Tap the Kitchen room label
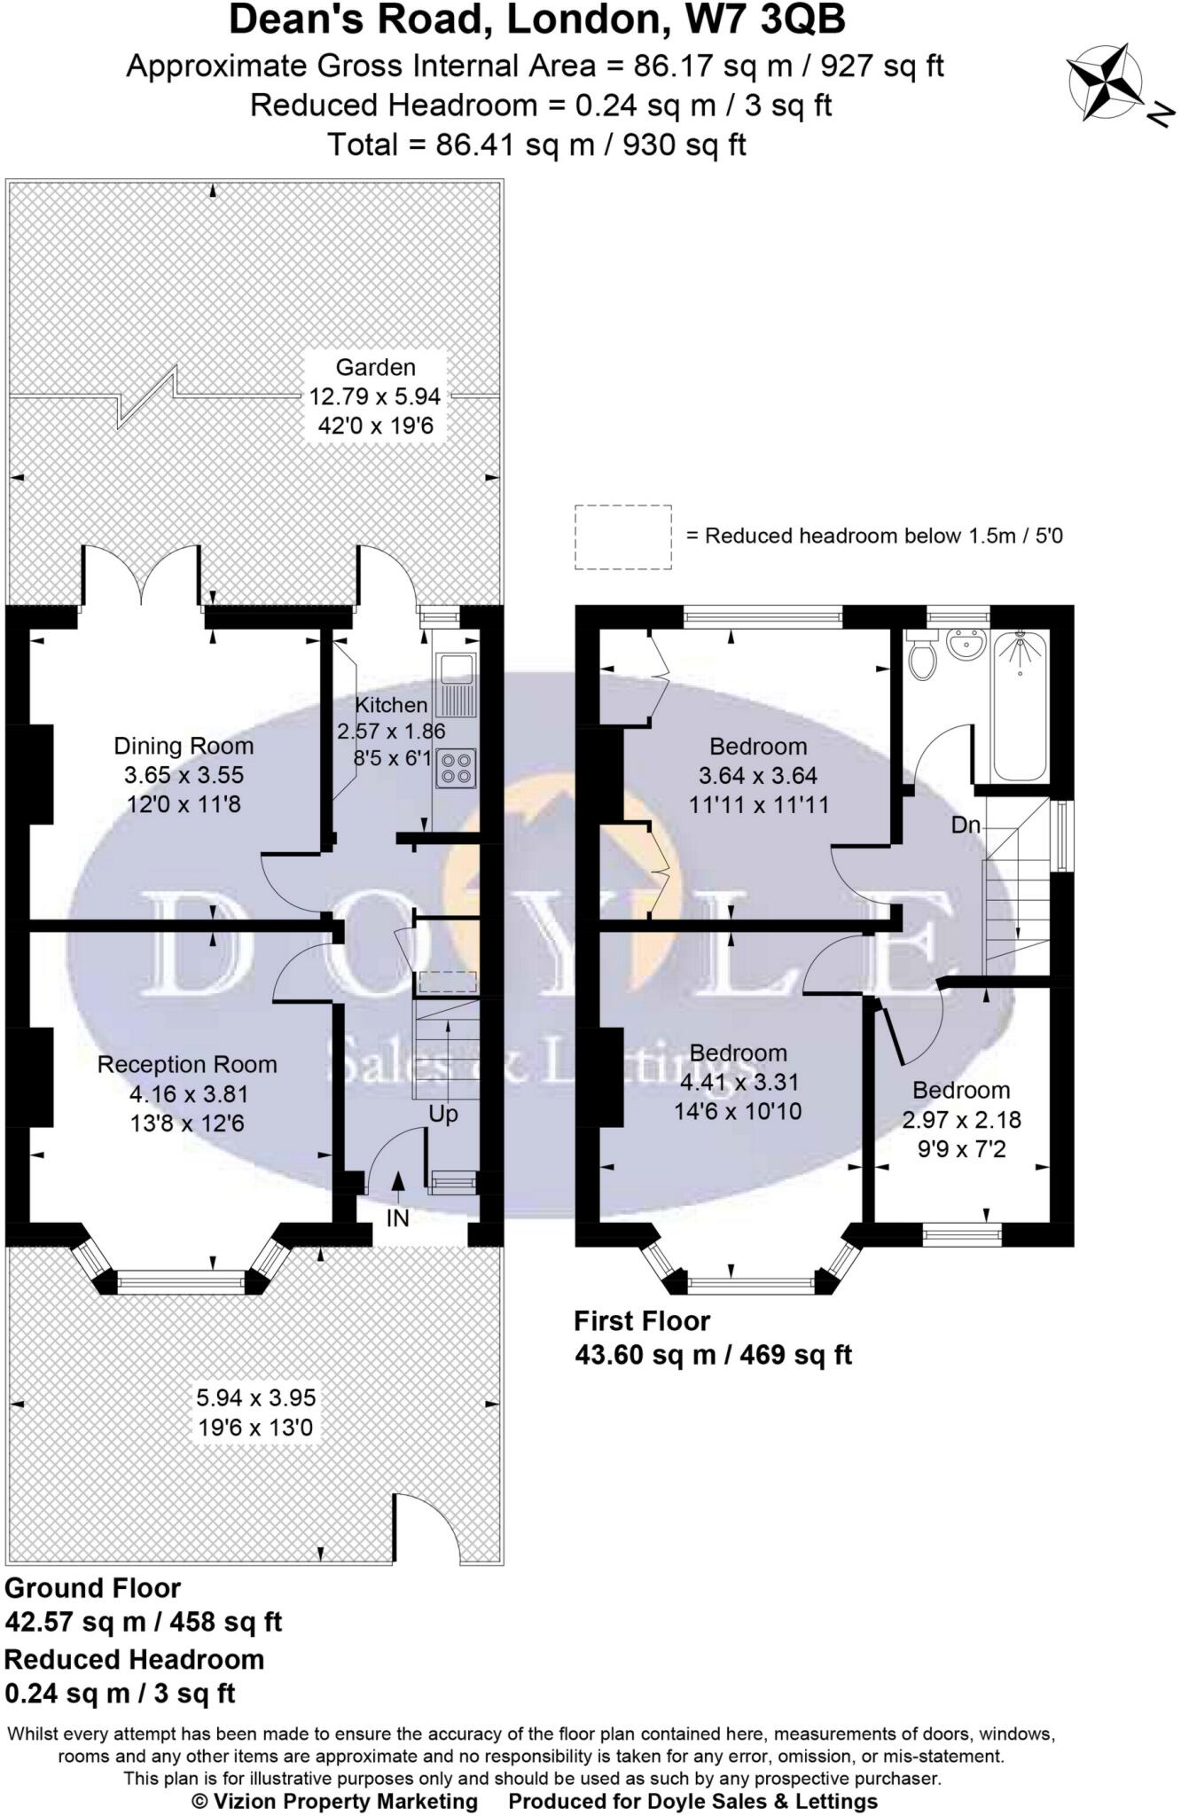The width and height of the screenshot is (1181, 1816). (391, 705)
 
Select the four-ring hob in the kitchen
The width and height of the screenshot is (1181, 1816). (456, 769)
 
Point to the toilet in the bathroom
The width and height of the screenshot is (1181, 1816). (922, 655)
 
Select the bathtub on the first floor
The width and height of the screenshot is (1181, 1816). (1020, 705)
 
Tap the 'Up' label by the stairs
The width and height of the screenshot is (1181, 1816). (443, 1114)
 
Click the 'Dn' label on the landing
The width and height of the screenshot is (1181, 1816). (966, 826)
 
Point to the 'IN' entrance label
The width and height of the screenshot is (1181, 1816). (397, 1218)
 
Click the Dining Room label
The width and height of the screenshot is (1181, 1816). (184, 746)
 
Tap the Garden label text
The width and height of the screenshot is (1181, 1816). (375, 367)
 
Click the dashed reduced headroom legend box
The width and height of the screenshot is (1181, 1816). (622, 536)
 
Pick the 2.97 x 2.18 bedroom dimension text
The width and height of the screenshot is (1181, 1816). (961, 1120)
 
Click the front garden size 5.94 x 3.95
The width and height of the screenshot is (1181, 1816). (255, 1398)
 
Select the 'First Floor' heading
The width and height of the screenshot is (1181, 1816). (642, 1322)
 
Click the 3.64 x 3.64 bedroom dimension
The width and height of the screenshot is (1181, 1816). (758, 776)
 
